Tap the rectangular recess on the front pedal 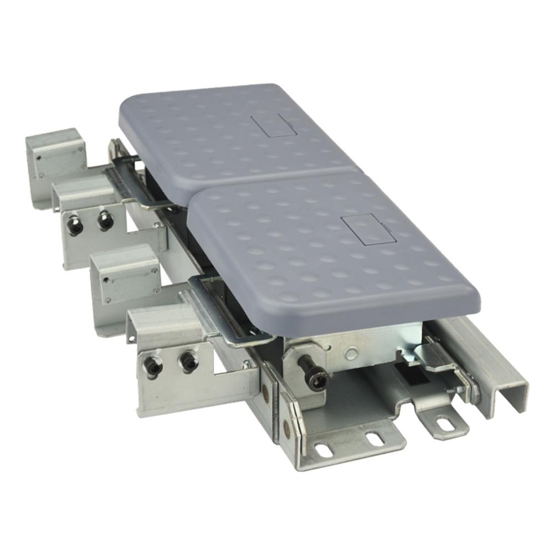point(368,229)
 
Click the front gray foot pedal point(332,249)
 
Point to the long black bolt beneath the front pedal point(314,373)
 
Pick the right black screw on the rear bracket point(105,221)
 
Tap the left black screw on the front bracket point(153,366)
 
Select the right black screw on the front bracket point(188,362)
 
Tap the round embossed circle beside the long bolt point(350,353)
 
